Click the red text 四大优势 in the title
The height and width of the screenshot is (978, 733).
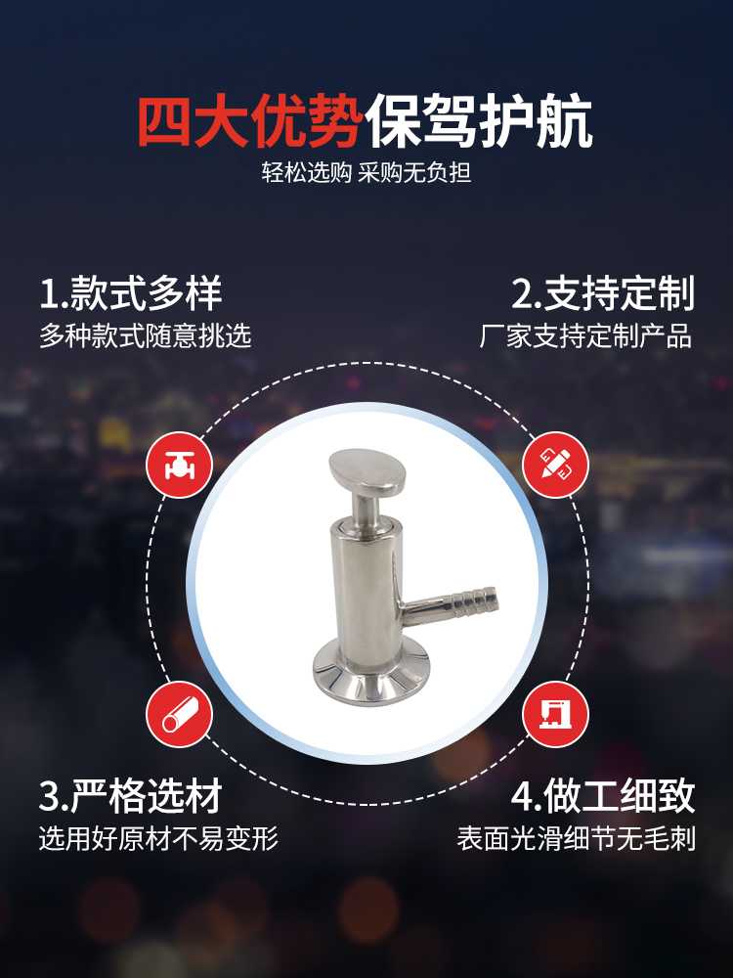pos(250,121)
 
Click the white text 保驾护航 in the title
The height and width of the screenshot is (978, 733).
pos(478,121)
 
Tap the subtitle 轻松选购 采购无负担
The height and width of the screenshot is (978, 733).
pos(366,173)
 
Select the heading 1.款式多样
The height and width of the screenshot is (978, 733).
pos(131,292)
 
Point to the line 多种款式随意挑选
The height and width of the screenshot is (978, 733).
pos(146,335)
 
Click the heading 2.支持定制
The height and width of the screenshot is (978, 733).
pos(603,292)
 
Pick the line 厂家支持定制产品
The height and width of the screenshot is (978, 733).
pos(585,335)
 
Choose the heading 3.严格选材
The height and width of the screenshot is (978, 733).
pos(131,795)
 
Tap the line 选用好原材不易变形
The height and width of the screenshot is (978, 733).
pos(158,838)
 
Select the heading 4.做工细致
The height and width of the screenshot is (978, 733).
pos(603,795)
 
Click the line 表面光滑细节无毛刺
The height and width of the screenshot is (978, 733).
pos(576,838)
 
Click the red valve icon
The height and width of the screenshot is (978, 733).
pos(180,465)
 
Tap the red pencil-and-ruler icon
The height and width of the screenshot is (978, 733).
pos(555,465)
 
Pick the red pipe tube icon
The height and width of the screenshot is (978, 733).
pos(180,714)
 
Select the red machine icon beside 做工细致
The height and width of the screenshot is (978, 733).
pos(555,714)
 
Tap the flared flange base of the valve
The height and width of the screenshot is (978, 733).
pos(370,677)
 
